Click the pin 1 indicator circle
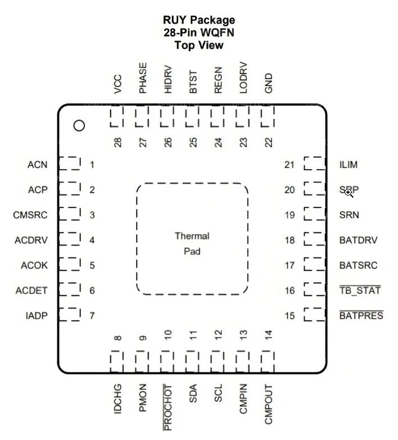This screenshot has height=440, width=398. [79, 126]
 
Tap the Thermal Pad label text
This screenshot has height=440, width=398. [192, 243]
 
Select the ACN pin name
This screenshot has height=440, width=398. [37, 165]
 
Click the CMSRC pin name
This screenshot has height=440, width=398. [30, 215]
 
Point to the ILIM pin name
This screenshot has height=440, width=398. [349, 165]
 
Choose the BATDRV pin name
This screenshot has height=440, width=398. [359, 240]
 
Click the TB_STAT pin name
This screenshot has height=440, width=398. [360, 290]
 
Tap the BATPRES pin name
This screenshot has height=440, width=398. [361, 315]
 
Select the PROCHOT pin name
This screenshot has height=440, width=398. [168, 407]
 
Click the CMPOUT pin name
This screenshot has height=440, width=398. [269, 405]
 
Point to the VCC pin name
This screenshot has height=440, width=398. [117, 84]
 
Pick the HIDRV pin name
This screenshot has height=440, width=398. [168, 79]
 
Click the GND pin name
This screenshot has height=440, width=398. [269, 83]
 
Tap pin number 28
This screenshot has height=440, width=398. [118, 142]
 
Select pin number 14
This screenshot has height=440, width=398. [269, 335]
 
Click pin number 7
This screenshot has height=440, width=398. [92, 316]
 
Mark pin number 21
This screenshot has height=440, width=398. [290, 165]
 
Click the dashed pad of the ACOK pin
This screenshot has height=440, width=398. [70, 264]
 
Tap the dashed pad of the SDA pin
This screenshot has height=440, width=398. [192, 361]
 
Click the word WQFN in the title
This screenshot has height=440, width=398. [218, 33]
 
